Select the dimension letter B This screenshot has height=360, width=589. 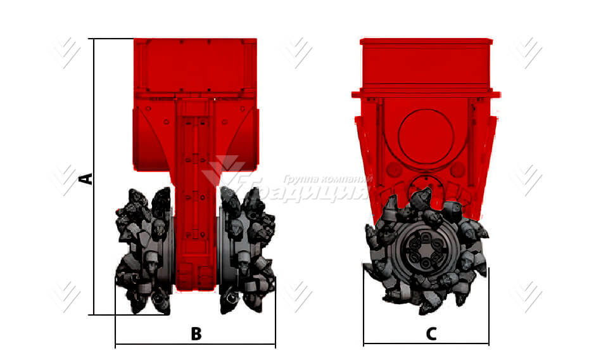tap(196, 334)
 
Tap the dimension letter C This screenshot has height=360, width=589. tap(431, 334)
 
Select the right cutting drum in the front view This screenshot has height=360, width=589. tap(248, 254)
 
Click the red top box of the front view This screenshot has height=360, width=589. tap(195, 67)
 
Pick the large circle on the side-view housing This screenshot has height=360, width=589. tap(426, 136)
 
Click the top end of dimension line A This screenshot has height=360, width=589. tap(94, 39)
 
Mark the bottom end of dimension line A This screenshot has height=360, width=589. tap(94, 314)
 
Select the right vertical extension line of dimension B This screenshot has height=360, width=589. tap(275, 317)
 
